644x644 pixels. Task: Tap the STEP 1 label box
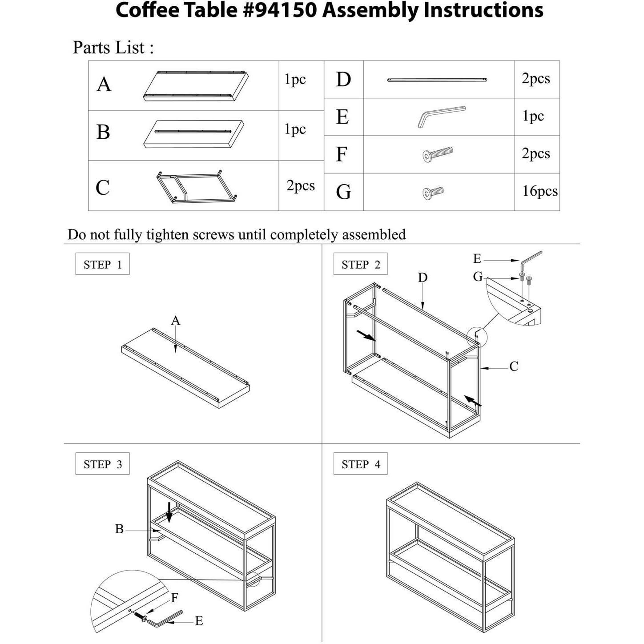[102, 264]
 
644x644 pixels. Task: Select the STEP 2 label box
[361, 265]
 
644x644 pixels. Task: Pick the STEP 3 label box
[102, 464]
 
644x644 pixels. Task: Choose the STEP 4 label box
[361, 464]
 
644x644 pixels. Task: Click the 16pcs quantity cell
[539, 191]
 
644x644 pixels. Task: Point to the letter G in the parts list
[343, 192]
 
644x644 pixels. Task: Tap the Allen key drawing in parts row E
[441, 116]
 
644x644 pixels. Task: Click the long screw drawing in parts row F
[438, 154]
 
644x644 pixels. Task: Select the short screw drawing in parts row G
[433, 192]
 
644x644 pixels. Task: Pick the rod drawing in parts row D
[437, 80]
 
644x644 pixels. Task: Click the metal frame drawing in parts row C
[197, 187]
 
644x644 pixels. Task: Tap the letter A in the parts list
[104, 85]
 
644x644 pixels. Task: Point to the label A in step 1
[176, 320]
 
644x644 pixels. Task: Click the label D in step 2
[423, 278]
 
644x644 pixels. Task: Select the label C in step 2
[514, 366]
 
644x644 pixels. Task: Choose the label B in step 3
[119, 529]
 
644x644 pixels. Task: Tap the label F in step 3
[175, 598]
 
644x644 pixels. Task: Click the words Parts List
[113, 48]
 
